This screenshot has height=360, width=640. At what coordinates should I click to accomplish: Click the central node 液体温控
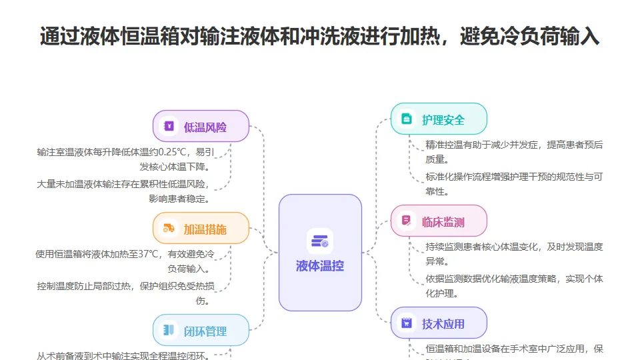point(320,253)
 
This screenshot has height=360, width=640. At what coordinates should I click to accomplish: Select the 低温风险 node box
point(201,127)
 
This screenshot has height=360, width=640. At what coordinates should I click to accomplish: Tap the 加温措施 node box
point(201,229)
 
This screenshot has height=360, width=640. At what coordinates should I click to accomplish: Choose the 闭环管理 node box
point(201,331)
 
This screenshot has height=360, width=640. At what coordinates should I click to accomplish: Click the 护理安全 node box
point(439,119)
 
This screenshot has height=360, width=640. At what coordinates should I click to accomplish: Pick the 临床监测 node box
point(439,221)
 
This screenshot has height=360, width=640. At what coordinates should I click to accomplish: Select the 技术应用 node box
point(439,323)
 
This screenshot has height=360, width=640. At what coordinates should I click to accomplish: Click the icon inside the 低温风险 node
point(169,127)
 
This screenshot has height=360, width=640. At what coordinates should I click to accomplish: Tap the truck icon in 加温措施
point(169,229)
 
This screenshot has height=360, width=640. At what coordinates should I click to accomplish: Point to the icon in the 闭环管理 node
point(169,331)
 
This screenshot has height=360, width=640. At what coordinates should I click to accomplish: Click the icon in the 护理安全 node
point(407,119)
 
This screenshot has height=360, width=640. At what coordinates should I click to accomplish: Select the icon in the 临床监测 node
point(407,221)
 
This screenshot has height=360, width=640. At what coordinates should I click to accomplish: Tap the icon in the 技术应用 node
point(407,323)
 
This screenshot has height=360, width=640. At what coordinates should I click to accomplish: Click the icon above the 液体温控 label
point(320,241)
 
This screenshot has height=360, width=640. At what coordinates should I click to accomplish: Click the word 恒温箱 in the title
point(150,37)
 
